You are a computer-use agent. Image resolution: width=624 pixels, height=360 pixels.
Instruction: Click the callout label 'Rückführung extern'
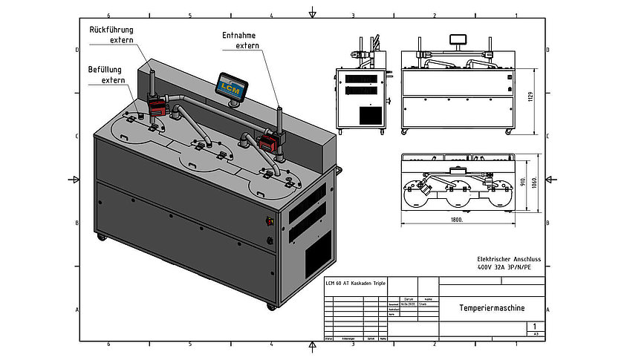tap(111, 34)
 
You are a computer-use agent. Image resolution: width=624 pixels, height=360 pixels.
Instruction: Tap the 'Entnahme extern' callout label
tap(242, 40)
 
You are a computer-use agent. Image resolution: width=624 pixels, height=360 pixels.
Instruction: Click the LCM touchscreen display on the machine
tap(231, 85)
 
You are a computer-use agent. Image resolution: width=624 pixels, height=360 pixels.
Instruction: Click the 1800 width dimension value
tap(456, 220)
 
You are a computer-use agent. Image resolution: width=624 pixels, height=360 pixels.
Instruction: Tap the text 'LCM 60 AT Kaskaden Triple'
tap(356, 284)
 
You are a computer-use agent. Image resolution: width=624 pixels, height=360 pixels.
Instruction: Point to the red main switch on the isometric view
tap(269, 220)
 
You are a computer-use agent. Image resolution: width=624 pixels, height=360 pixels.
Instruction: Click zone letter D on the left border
tap(78, 50)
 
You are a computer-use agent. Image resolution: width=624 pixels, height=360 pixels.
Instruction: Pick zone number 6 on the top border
tap(109, 15)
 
